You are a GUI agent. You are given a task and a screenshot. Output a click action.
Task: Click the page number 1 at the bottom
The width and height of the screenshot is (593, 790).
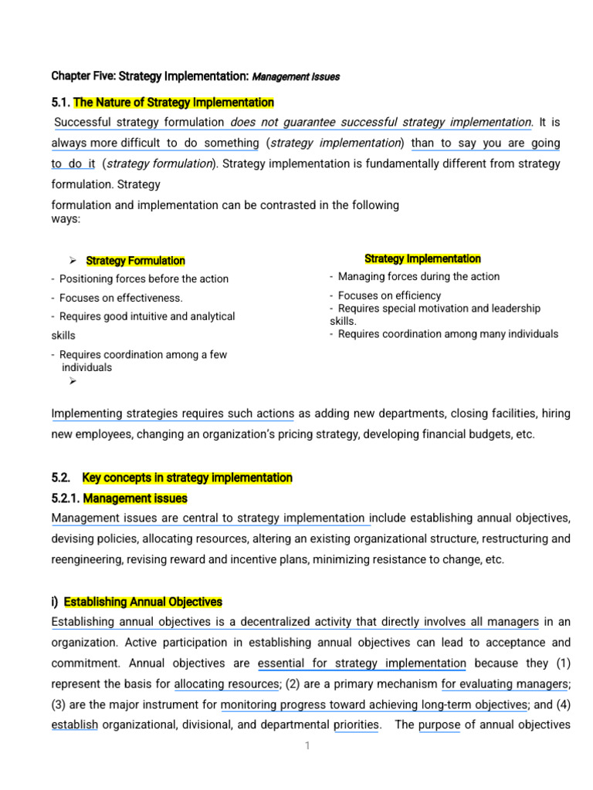tap(307, 746)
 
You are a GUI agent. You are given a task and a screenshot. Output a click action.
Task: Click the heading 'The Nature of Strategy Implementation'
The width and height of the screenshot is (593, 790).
tap(173, 103)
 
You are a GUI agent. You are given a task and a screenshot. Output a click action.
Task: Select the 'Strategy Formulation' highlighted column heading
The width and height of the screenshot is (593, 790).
tap(135, 261)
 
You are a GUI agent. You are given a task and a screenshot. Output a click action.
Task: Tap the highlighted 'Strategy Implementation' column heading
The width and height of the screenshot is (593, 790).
tap(422, 258)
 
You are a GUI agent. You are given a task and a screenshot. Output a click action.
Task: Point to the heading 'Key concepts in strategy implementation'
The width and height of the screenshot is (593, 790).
tap(187, 478)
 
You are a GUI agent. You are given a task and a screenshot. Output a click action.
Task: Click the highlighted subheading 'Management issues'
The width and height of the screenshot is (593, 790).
tap(135, 498)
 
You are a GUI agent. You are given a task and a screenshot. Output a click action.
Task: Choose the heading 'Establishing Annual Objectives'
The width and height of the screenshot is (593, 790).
tap(143, 602)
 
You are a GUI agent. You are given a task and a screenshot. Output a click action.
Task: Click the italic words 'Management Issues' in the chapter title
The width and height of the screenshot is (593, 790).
tap(296, 77)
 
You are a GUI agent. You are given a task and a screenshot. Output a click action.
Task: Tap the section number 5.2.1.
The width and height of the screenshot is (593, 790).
tap(66, 498)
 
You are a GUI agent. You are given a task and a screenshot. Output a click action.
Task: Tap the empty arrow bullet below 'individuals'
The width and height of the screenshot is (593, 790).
tap(73, 380)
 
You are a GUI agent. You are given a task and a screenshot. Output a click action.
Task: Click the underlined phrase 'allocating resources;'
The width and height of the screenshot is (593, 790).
tap(227, 684)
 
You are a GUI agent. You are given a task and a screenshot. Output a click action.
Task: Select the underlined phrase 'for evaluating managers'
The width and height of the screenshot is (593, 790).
tap(505, 684)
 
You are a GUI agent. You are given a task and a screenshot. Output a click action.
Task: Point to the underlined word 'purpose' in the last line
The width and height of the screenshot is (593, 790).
tap(439, 724)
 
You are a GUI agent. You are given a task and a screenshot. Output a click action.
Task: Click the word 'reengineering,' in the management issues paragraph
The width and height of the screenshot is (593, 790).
tap(88, 559)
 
